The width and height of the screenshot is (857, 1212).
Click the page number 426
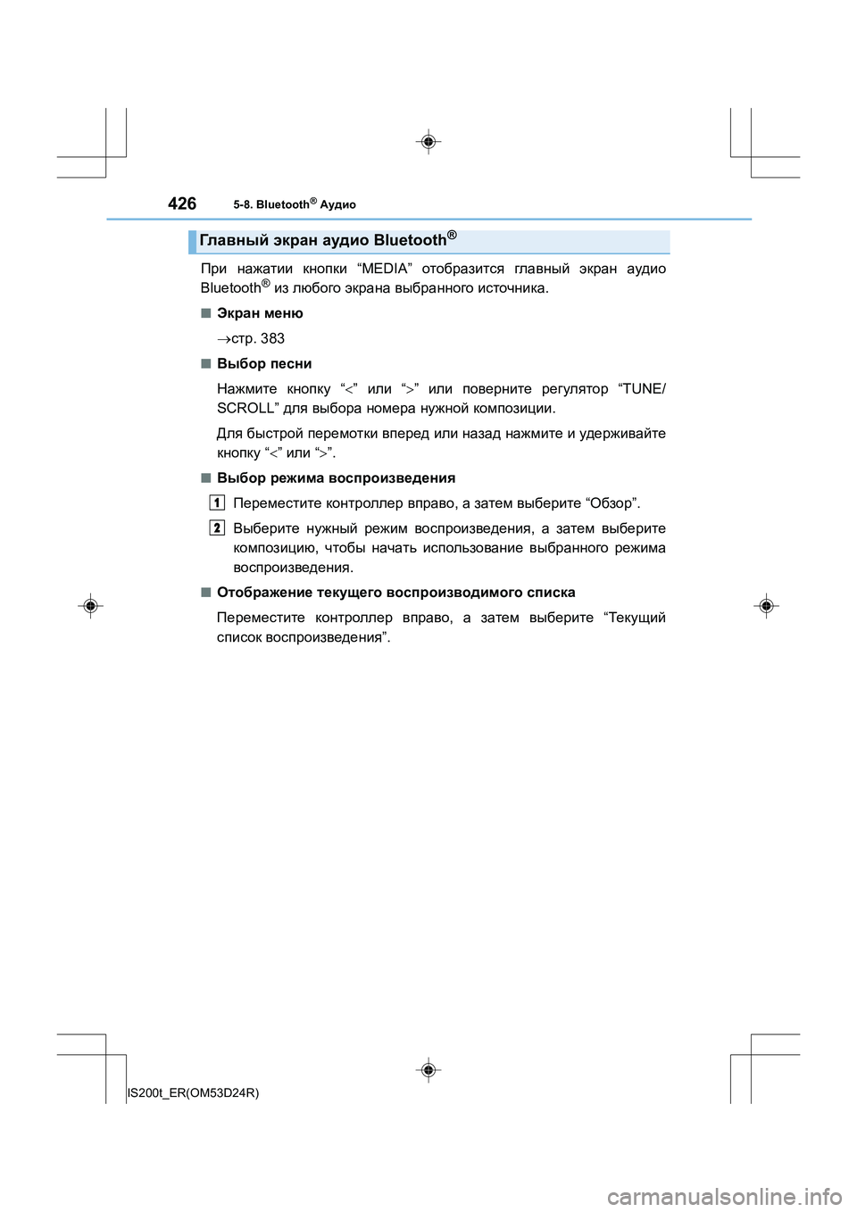(182, 203)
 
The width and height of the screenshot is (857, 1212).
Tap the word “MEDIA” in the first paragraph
(384, 269)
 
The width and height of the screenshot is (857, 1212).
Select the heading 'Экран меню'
(260, 313)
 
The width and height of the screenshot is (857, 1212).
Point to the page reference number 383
(272, 338)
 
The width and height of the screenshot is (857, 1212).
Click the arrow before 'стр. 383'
(223, 339)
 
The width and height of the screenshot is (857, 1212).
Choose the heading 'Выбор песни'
(264, 363)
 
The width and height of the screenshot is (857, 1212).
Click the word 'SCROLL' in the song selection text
(247, 409)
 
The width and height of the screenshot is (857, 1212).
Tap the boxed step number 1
(217, 502)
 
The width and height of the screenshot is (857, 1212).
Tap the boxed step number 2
(217, 527)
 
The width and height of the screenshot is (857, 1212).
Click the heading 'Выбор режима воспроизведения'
(336, 478)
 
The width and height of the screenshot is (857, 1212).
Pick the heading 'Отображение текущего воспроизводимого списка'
(395, 593)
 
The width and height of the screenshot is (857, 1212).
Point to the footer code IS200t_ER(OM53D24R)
(194, 1092)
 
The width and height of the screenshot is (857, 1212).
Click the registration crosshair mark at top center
(428, 142)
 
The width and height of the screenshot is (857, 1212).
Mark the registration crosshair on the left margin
(90, 606)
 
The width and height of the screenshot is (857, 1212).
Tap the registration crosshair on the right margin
(766, 606)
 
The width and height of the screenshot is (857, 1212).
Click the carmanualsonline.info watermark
(724, 1196)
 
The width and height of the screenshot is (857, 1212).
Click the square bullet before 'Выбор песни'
(205, 363)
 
